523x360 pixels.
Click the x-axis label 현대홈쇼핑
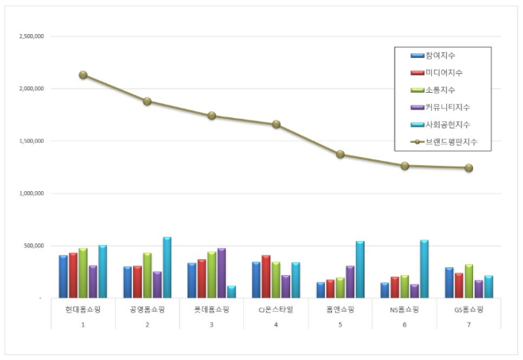point(83,310)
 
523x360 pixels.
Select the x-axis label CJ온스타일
point(276,310)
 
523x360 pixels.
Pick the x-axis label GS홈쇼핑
point(469,310)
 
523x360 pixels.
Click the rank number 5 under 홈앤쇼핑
point(341,325)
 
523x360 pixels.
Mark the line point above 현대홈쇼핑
point(83,75)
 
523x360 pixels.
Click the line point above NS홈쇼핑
point(405,166)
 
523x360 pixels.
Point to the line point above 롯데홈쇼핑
point(212,116)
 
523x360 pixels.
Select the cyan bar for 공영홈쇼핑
point(167,267)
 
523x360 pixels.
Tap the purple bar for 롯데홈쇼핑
point(221,273)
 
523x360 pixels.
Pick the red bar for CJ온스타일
point(266,277)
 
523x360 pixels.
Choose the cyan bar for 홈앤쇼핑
point(360,270)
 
